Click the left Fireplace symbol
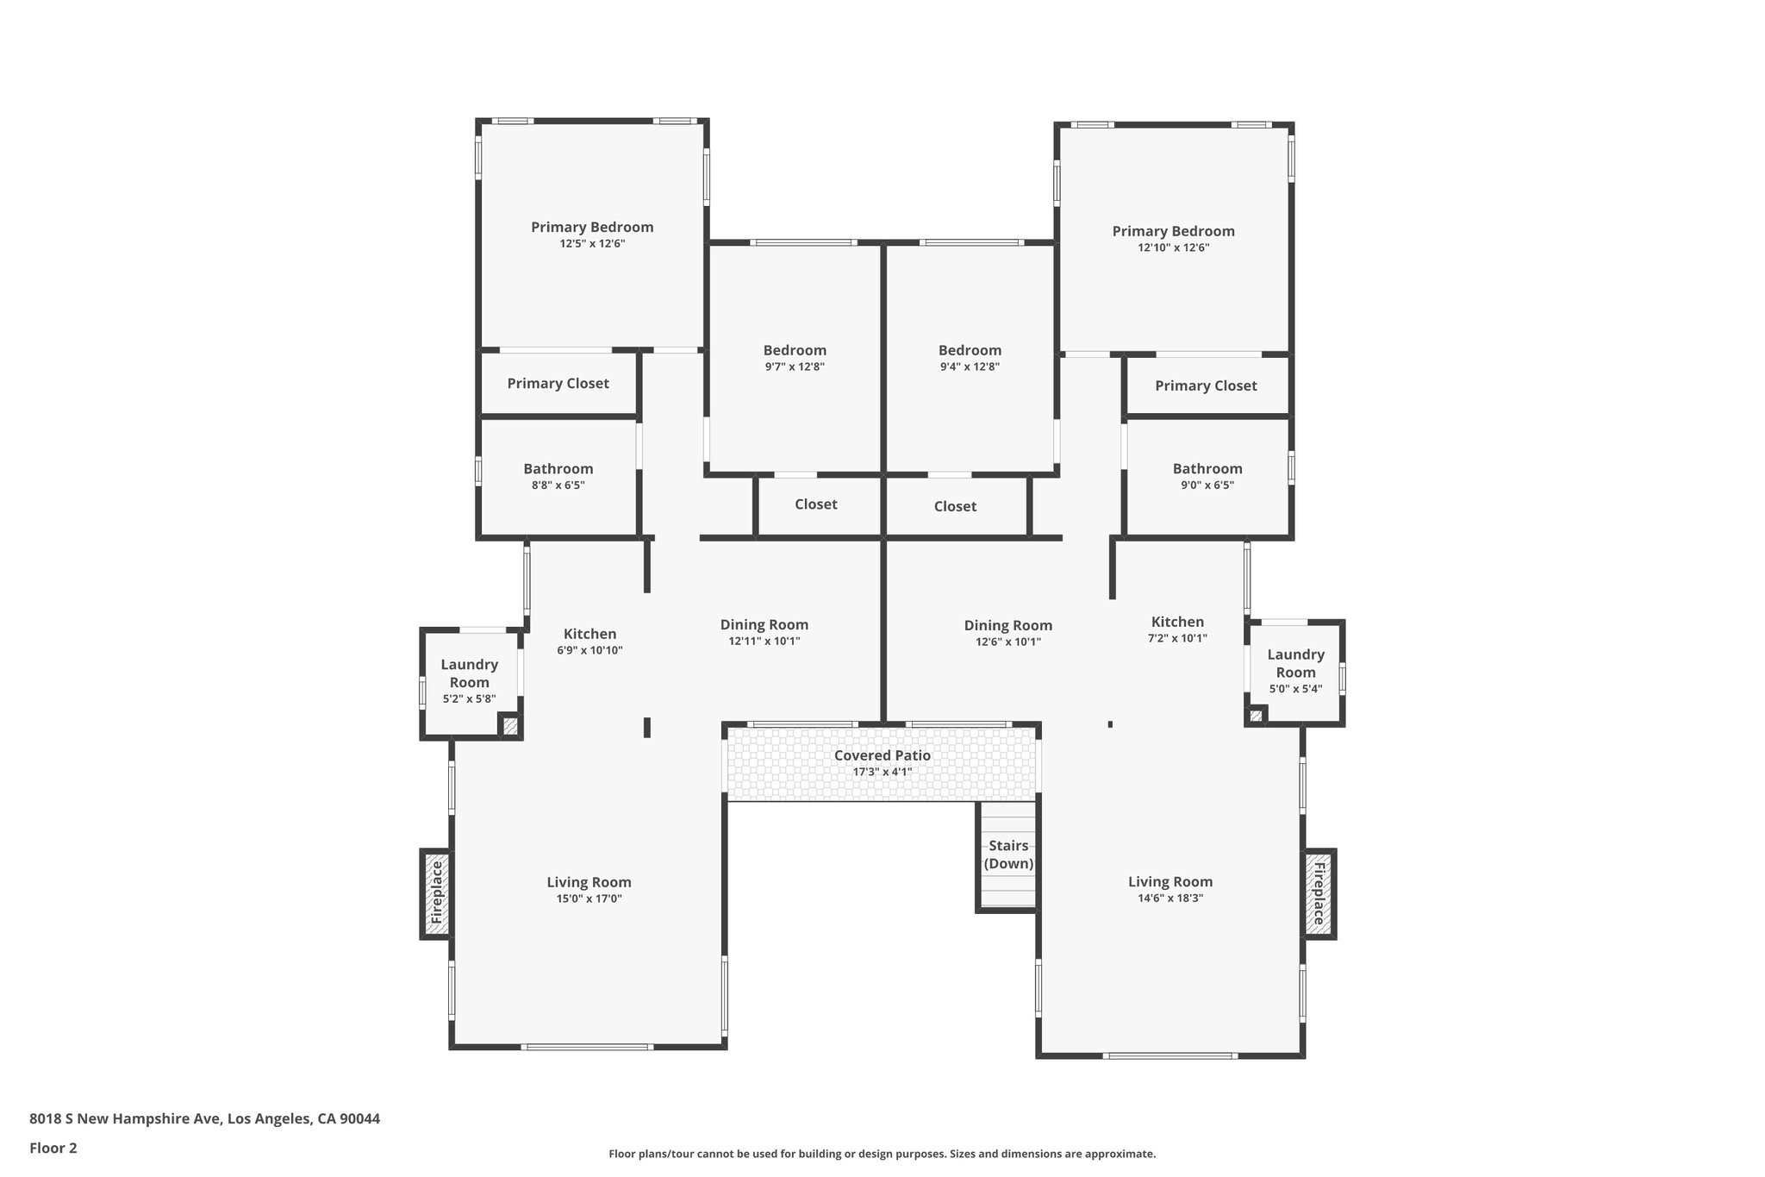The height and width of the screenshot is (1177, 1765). click(x=436, y=893)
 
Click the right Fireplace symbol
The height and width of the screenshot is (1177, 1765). click(x=1319, y=893)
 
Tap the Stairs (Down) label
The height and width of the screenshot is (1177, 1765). click(x=1008, y=855)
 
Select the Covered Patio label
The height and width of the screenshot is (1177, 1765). click(x=882, y=755)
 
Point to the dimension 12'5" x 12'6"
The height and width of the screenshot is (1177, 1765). click(x=592, y=244)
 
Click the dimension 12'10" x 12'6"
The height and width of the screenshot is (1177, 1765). click(x=1173, y=247)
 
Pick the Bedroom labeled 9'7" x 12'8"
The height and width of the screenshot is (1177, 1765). click(x=795, y=350)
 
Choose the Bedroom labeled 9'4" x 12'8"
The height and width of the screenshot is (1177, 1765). click(x=970, y=350)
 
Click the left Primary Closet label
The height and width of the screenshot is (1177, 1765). click(x=558, y=384)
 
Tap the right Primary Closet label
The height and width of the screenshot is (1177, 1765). click(x=1206, y=386)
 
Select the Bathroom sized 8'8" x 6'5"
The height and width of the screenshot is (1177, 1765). click(x=558, y=469)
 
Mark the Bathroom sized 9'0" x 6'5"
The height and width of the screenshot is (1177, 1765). click(x=1207, y=469)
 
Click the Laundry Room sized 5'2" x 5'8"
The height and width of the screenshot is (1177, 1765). click(x=469, y=673)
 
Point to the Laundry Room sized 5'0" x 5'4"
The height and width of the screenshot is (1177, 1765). click(x=1295, y=664)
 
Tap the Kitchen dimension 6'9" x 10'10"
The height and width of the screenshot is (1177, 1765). click(x=589, y=651)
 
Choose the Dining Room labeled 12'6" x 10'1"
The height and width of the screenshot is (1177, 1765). click(x=1007, y=626)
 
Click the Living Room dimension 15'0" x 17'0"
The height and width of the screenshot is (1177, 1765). click(x=589, y=899)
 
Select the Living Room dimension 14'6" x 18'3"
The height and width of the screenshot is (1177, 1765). click(x=1169, y=898)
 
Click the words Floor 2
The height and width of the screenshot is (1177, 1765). click(x=53, y=1148)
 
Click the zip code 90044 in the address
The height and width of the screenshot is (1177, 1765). click(x=359, y=1118)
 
